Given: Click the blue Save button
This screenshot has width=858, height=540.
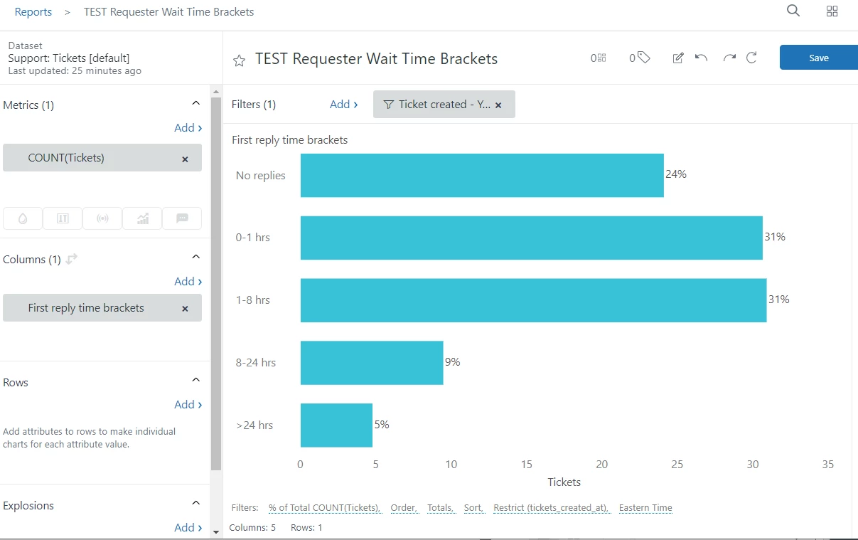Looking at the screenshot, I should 818,58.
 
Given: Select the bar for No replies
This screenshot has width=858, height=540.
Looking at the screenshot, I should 482,175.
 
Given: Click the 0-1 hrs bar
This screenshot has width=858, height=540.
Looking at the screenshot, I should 531,238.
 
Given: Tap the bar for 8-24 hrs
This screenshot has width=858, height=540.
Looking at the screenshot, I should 372,363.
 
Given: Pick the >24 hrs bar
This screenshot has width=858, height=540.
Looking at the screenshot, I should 336,425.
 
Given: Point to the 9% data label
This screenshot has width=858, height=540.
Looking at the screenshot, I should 453,362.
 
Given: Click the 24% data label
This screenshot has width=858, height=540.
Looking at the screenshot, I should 676,174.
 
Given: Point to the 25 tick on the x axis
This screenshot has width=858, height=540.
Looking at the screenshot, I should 677,465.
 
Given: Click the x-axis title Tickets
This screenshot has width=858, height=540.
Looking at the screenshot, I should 564,482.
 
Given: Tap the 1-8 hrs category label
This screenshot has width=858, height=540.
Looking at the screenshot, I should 253,300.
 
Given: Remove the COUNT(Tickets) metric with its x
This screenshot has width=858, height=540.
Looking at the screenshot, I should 185,159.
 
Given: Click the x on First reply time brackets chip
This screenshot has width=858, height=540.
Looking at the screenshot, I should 185,309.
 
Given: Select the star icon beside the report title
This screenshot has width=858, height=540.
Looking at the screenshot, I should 240,60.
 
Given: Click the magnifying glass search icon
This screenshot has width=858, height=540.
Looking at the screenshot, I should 793,11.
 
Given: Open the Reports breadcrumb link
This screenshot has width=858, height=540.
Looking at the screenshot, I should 33,12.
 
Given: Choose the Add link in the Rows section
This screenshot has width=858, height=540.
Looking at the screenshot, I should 188,404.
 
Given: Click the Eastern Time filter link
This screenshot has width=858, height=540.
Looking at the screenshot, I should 645,508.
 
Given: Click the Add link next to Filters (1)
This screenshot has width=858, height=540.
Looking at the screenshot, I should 343,105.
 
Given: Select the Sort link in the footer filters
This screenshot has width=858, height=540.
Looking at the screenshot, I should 473,508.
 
